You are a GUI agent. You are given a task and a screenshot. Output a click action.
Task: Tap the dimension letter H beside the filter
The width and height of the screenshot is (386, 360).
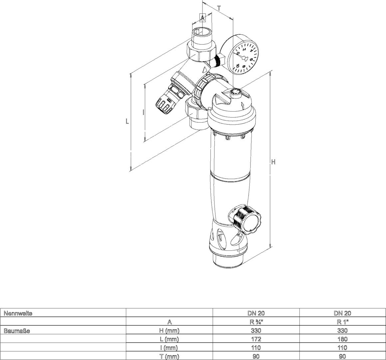point(273,162)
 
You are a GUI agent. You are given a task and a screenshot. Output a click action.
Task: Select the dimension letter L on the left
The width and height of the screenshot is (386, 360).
point(127,121)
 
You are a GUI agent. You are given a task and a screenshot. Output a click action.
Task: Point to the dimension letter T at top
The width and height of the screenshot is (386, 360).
point(219,8)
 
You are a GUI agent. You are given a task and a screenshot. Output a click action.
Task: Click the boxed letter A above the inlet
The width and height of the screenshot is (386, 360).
point(202,17)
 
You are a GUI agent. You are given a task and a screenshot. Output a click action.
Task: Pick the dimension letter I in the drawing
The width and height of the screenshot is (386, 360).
point(143,112)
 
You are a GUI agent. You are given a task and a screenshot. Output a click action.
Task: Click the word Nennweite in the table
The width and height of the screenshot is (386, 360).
point(18,313)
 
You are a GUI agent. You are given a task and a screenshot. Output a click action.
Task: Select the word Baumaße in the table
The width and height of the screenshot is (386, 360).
point(17,331)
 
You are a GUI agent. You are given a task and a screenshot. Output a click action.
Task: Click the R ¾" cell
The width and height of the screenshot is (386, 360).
point(256,322)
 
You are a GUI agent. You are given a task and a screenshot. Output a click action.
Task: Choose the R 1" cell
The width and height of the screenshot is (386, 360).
point(342,322)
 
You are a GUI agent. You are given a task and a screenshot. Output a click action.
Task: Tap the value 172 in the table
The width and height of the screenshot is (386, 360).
point(256,339)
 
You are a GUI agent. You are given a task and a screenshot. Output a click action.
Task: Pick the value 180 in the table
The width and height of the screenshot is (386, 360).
point(342,339)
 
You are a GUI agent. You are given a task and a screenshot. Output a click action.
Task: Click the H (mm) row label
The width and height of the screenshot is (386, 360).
point(169,331)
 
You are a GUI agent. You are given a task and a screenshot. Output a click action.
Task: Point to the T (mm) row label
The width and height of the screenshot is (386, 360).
point(169,356)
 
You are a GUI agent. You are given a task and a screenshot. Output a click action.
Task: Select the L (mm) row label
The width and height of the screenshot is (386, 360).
point(169,339)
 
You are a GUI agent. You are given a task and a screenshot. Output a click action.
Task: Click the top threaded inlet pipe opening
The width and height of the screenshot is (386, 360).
point(202,31)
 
